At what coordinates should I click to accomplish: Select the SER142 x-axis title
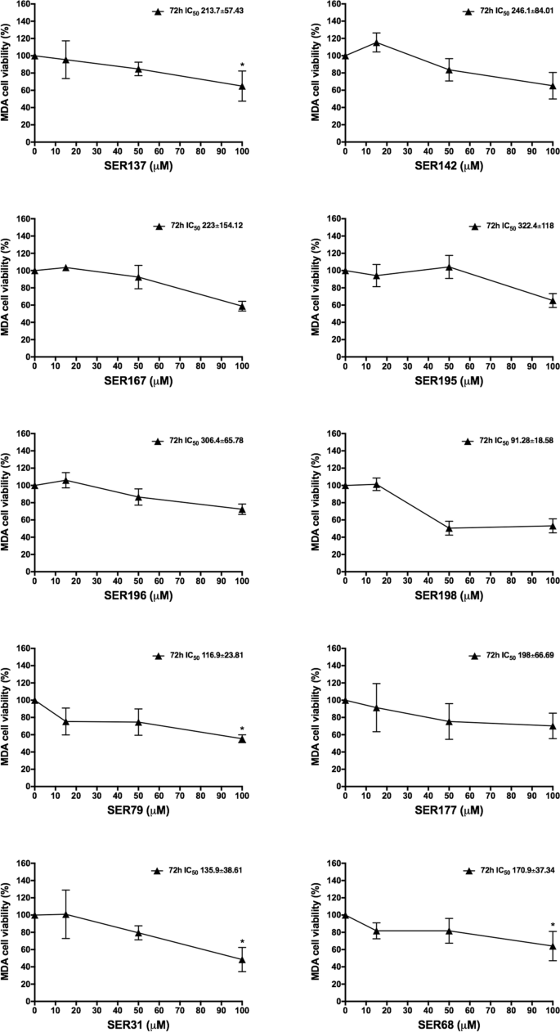(448, 166)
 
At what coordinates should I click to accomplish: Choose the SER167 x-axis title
(137, 381)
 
